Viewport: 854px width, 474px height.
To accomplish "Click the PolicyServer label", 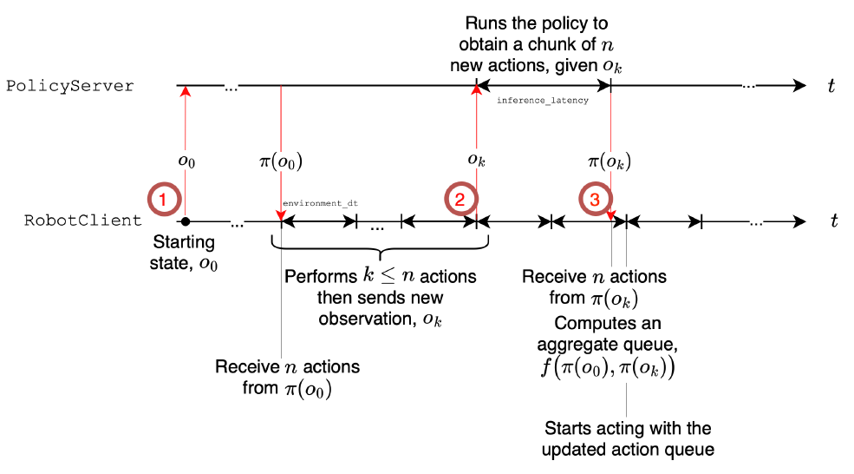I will (70, 86).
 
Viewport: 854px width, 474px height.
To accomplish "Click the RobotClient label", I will (83, 221).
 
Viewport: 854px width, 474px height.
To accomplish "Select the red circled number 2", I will (460, 200).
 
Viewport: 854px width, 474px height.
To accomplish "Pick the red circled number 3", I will (594, 200).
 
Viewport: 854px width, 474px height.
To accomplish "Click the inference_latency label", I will (543, 101).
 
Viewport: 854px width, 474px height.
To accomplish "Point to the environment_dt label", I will (320, 202).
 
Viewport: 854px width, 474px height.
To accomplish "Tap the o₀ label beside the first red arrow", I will (186, 161).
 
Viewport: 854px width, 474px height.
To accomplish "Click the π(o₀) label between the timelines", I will (281, 161).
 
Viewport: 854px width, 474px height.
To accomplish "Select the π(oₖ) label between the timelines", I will (610, 161).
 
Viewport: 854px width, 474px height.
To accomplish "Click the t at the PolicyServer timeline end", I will (831, 85).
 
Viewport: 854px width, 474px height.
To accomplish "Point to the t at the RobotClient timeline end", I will (833, 221).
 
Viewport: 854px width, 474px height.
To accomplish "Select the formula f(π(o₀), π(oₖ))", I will (608, 367).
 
